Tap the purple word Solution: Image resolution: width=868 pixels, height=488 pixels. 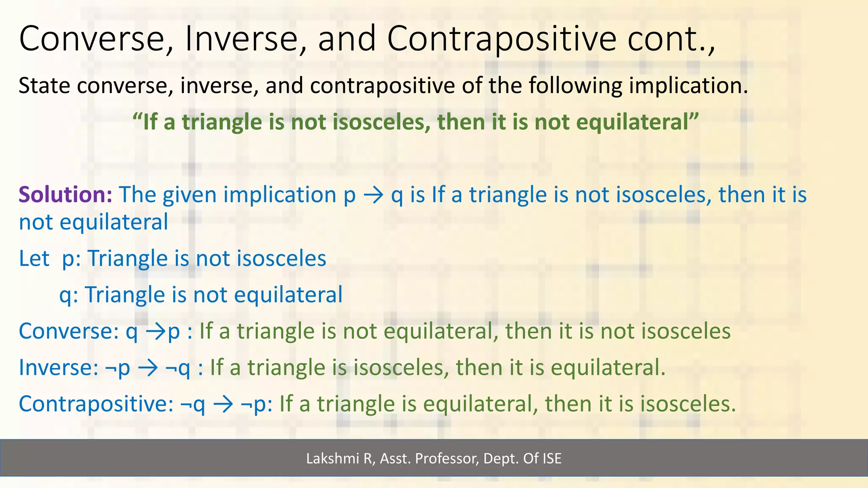(x=65, y=195)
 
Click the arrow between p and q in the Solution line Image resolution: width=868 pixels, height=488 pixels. (x=373, y=196)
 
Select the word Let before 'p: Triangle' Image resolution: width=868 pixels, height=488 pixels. (x=34, y=258)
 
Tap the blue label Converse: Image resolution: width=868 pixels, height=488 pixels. (x=68, y=331)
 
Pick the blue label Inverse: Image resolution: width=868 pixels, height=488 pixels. (x=58, y=368)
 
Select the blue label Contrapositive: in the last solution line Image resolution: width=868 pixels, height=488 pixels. (x=96, y=404)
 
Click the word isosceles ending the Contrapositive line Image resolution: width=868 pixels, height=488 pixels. (x=687, y=404)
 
